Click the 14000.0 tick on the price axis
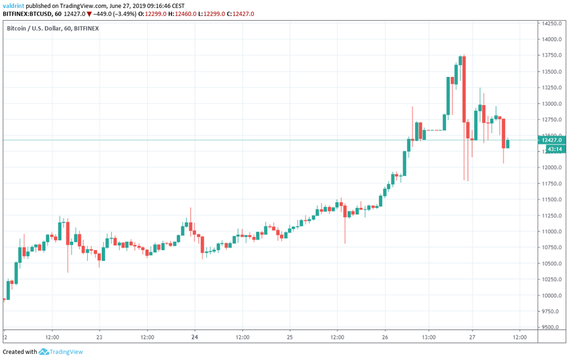(552, 39)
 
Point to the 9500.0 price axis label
(552, 327)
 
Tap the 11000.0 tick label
(552, 232)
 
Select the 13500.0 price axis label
(552, 72)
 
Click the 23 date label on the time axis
(99, 337)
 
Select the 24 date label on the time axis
(195, 337)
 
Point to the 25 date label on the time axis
(290, 337)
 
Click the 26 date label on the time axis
(385, 337)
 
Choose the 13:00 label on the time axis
(428, 337)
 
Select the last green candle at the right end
(508, 143)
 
